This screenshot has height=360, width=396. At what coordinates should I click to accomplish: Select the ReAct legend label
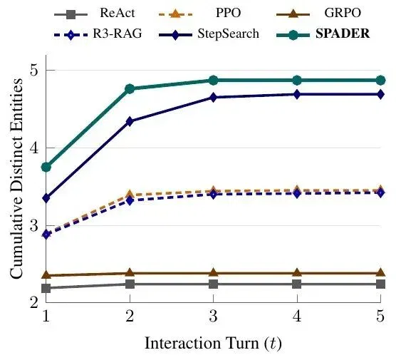click(118, 13)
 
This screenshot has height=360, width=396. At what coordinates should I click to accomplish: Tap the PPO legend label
click(228, 13)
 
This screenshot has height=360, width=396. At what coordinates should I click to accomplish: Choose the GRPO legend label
click(343, 13)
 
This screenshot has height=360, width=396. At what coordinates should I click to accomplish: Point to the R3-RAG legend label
click(118, 34)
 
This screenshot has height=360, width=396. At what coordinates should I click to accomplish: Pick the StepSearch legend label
click(229, 34)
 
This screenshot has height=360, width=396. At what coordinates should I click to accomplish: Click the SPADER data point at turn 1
click(46, 167)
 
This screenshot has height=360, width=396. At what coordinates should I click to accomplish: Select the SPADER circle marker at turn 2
click(130, 88)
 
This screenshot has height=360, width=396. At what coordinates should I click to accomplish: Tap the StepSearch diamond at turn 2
click(130, 122)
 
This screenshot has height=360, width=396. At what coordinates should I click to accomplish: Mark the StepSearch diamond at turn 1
click(46, 198)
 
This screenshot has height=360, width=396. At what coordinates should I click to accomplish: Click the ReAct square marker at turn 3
click(214, 284)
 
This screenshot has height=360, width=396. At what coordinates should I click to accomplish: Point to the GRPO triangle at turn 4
click(297, 272)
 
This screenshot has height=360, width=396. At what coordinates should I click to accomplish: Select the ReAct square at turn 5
click(380, 284)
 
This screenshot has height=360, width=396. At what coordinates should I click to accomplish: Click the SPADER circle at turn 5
click(380, 81)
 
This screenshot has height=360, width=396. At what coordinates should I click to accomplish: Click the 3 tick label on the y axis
click(35, 225)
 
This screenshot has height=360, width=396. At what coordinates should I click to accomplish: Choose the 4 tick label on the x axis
click(297, 316)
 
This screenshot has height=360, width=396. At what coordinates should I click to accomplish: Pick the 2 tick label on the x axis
click(130, 316)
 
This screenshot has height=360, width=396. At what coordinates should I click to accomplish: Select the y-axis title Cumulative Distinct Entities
click(16, 178)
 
